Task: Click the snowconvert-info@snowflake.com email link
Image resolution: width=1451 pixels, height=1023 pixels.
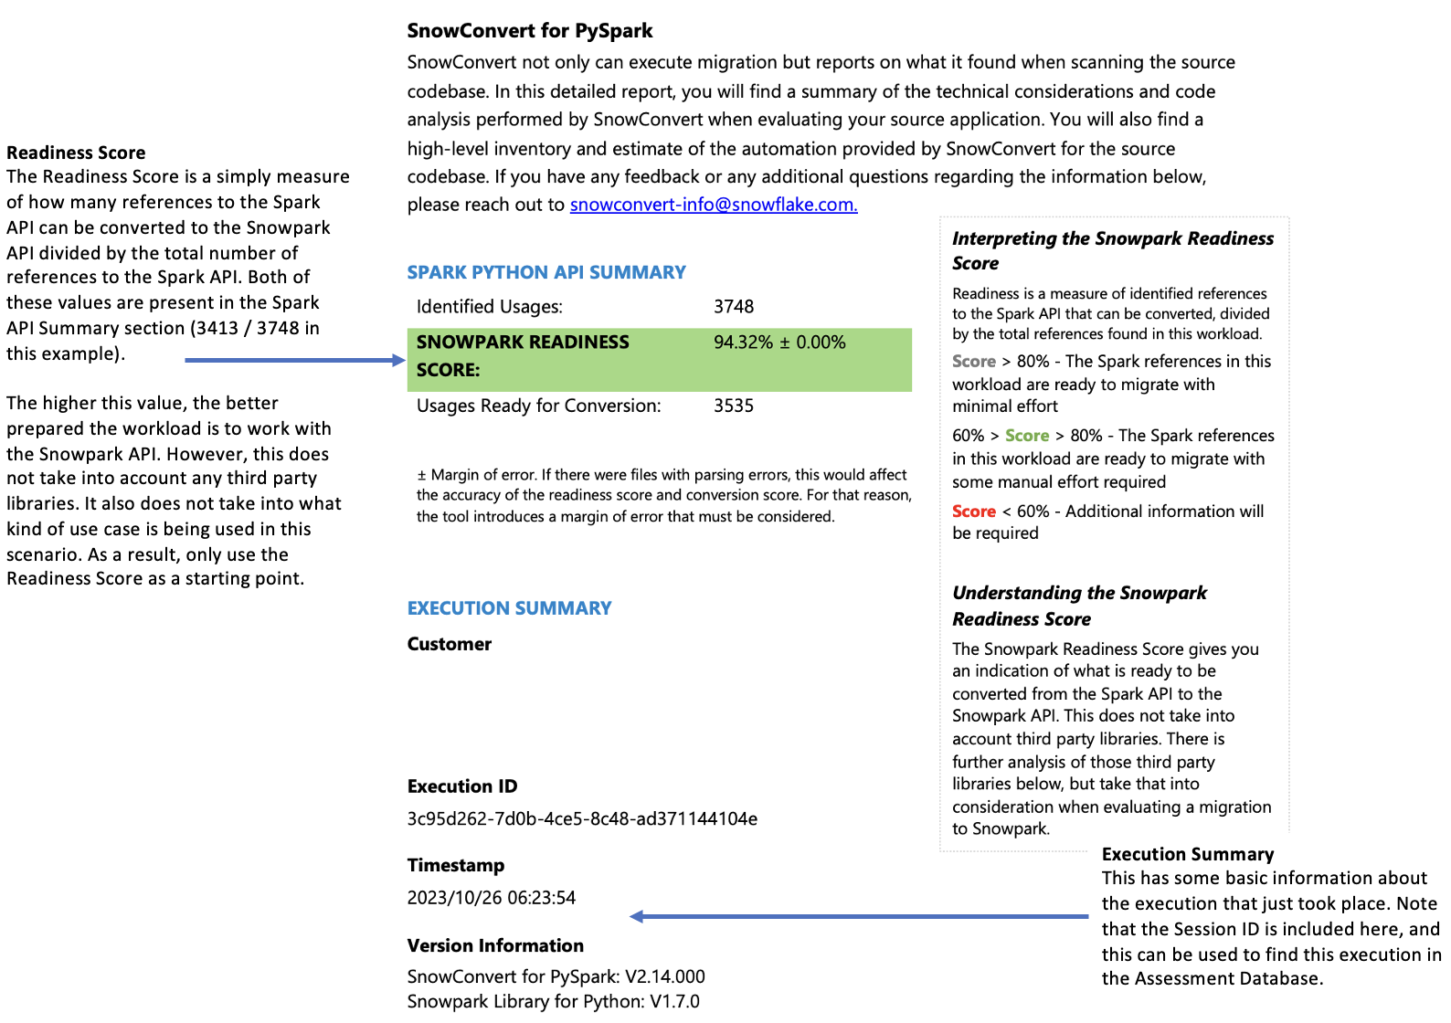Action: click(x=714, y=205)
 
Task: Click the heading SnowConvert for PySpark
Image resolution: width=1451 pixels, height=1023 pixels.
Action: click(x=530, y=31)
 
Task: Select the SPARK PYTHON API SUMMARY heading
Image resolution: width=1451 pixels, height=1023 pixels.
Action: click(x=546, y=272)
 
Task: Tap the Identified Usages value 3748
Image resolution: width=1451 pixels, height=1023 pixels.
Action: click(x=734, y=307)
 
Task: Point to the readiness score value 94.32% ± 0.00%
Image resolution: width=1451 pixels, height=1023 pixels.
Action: click(x=779, y=343)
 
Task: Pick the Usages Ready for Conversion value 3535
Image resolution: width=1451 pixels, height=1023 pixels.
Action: click(x=734, y=406)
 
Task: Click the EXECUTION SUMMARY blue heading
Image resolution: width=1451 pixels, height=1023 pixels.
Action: click(x=509, y=608)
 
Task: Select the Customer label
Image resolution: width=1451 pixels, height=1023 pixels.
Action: click(x=450, y=644)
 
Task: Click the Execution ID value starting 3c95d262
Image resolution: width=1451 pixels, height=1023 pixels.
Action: click(x=582, y=818)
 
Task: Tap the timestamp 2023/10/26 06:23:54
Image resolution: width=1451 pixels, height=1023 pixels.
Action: click(x=492, y=898)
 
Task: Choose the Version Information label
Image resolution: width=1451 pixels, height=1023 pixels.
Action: click(x=495, y=945)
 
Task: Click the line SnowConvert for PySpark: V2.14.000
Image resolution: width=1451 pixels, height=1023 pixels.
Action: click(x=556, y=976)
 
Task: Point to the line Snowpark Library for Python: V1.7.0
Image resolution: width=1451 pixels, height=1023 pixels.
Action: click(x=553, y=1001)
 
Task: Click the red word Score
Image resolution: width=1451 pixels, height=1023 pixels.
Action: click(x=974, y=511)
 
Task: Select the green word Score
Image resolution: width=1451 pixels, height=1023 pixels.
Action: click(x=1027, y=436)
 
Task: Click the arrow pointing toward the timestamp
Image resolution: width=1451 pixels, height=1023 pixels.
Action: click(x=859, y=916)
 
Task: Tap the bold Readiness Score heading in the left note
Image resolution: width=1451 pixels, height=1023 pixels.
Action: click(x=76, y=153)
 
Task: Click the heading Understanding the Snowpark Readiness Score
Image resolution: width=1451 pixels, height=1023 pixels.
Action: click(x=1079, y=606)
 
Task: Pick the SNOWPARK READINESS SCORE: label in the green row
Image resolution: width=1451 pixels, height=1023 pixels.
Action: click(x=523, y=355)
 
